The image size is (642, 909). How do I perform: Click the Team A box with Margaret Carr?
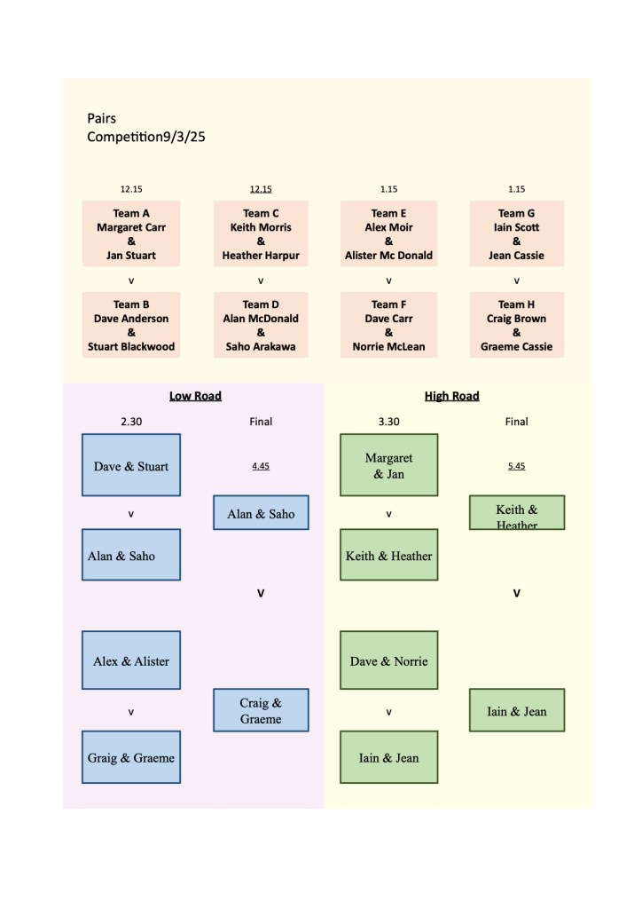click(131, 233)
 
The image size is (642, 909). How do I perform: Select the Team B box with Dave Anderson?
click(131, 325)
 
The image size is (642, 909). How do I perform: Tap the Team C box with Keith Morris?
click(261, 233)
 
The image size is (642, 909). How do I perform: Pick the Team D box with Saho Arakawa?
click(261, 325)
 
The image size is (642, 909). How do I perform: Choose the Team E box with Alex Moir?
click(388, 233)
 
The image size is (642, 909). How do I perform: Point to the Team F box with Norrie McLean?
click(388, 325)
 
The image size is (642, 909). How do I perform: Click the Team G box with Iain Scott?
click(516, 233)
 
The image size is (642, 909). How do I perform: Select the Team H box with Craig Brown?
click(516, 325)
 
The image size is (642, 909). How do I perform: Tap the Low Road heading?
click(195, 396)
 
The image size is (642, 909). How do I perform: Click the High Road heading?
click(451, 396)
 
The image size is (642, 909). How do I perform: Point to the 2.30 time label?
click(131, 422)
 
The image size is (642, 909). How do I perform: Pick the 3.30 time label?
click(388, 422)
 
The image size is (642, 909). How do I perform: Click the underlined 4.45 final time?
click(261, 465)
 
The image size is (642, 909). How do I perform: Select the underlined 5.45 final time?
click(516, 465)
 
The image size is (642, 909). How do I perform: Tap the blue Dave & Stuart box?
click(131, 465)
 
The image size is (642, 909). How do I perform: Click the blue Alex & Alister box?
click(131, 660)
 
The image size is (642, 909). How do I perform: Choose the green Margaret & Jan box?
click(388, 465)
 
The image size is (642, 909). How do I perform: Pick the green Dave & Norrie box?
click(388, 660)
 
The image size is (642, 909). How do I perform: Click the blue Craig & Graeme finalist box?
click(261, 710)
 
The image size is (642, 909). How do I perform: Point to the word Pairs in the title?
click(102, 118)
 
